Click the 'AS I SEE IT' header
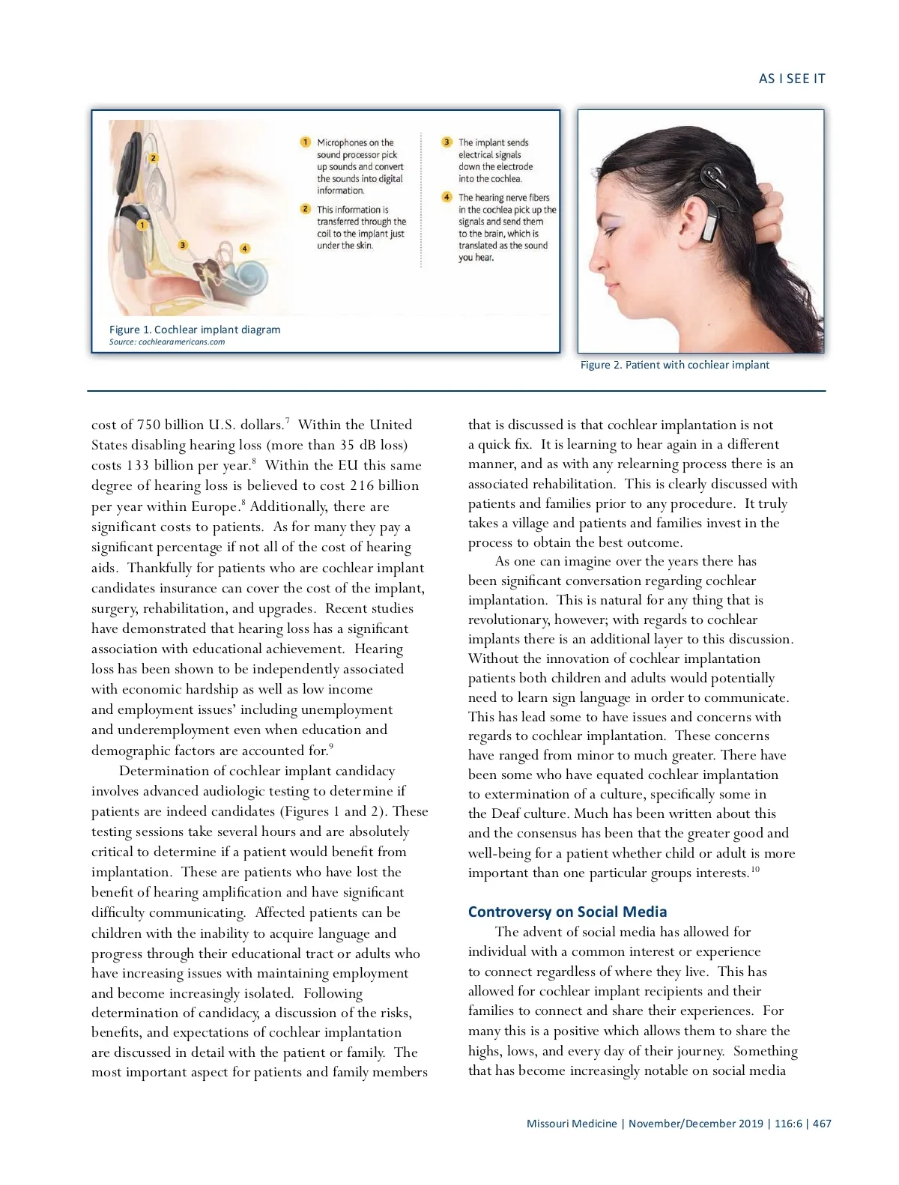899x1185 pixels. [x=791, y=79]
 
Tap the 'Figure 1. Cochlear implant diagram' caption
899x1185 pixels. [x=195, y=330]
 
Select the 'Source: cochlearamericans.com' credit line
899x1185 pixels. [x=167, y=342]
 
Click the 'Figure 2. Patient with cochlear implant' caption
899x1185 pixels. [x=674, y=366]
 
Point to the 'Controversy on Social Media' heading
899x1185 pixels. [x=567, y=912]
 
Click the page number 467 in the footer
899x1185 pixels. [x=822, y=1124]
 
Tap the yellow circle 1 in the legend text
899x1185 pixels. [x=306, y=142]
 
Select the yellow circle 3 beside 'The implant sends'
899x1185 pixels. [x=447, y=142]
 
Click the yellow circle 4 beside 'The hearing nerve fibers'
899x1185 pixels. [x=447, y=198]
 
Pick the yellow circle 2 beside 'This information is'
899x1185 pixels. [x=306, y=210]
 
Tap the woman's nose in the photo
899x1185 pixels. [x=596, y=261]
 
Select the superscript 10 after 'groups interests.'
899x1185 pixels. [x=754, y=869]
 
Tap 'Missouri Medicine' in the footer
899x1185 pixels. [x=572, y=1124]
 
